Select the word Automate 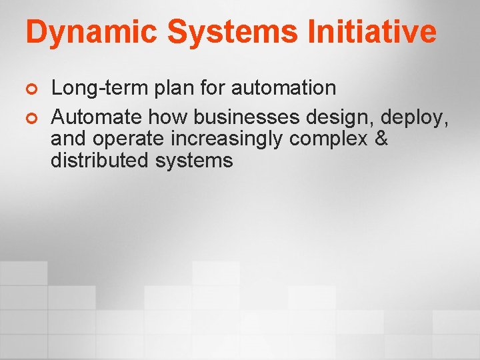[97, 117]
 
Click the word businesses [247, 117]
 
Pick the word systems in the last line [195, 161]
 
